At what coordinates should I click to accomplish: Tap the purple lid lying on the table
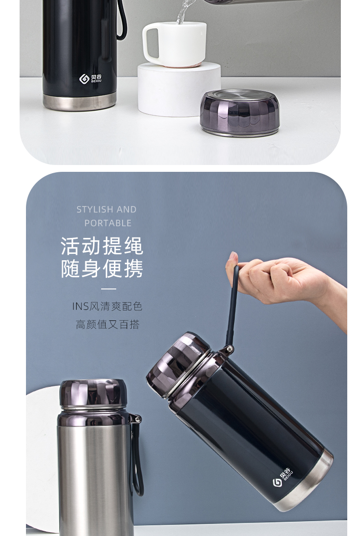(240, 113)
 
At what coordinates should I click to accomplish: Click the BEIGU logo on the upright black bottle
(90, 78)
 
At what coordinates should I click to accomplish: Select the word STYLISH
(94, 209)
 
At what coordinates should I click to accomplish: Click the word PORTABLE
(108, 223)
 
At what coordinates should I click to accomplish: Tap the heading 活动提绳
(102, 246)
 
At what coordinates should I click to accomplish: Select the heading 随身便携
(102, 269)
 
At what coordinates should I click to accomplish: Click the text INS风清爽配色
(107, 306)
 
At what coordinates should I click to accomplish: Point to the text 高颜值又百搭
(108, 324)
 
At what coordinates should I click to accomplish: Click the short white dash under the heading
(109, 289)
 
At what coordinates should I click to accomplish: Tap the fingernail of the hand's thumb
(233, 256)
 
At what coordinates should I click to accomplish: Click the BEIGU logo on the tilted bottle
(283, 477)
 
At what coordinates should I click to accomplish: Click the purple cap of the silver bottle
(93, 393)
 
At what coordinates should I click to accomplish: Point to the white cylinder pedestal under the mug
(179, 89)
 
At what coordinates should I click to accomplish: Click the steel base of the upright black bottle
(80, 102)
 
